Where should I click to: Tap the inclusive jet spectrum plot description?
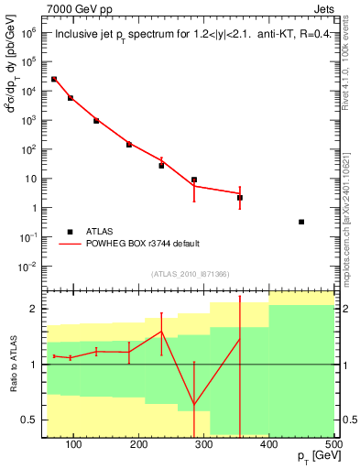[189, 36]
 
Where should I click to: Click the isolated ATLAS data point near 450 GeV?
[301, 222]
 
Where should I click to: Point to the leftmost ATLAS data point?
[54, 80]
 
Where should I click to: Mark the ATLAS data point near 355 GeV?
[239, 197]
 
